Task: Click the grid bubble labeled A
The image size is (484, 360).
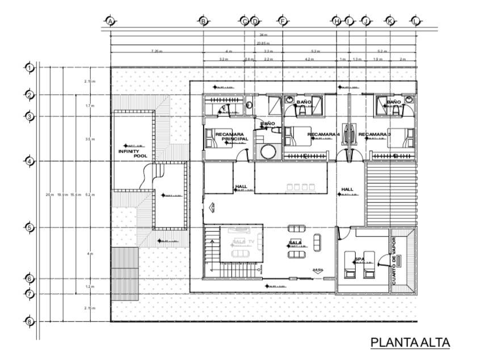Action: (110, 21)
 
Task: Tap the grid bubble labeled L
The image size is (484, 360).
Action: (416, 21)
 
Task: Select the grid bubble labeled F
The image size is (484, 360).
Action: (282, 21)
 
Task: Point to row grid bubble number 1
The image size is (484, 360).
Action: (30, 68)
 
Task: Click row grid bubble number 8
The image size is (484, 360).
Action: (30, 321)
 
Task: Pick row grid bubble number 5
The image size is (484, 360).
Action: (30, 228)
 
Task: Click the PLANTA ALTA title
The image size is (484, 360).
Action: (410, 342)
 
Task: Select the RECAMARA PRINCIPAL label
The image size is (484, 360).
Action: (229, 136)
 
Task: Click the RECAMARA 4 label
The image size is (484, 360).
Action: (323, 134)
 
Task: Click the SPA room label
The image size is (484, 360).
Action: (359, 260)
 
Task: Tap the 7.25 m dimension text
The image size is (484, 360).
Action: (157, 52)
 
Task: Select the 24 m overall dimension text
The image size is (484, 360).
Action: (263, 35)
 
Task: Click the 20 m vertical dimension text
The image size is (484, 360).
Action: (49, 194)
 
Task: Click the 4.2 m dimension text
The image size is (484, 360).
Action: (309, 59)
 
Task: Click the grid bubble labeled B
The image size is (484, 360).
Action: (203, 21)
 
